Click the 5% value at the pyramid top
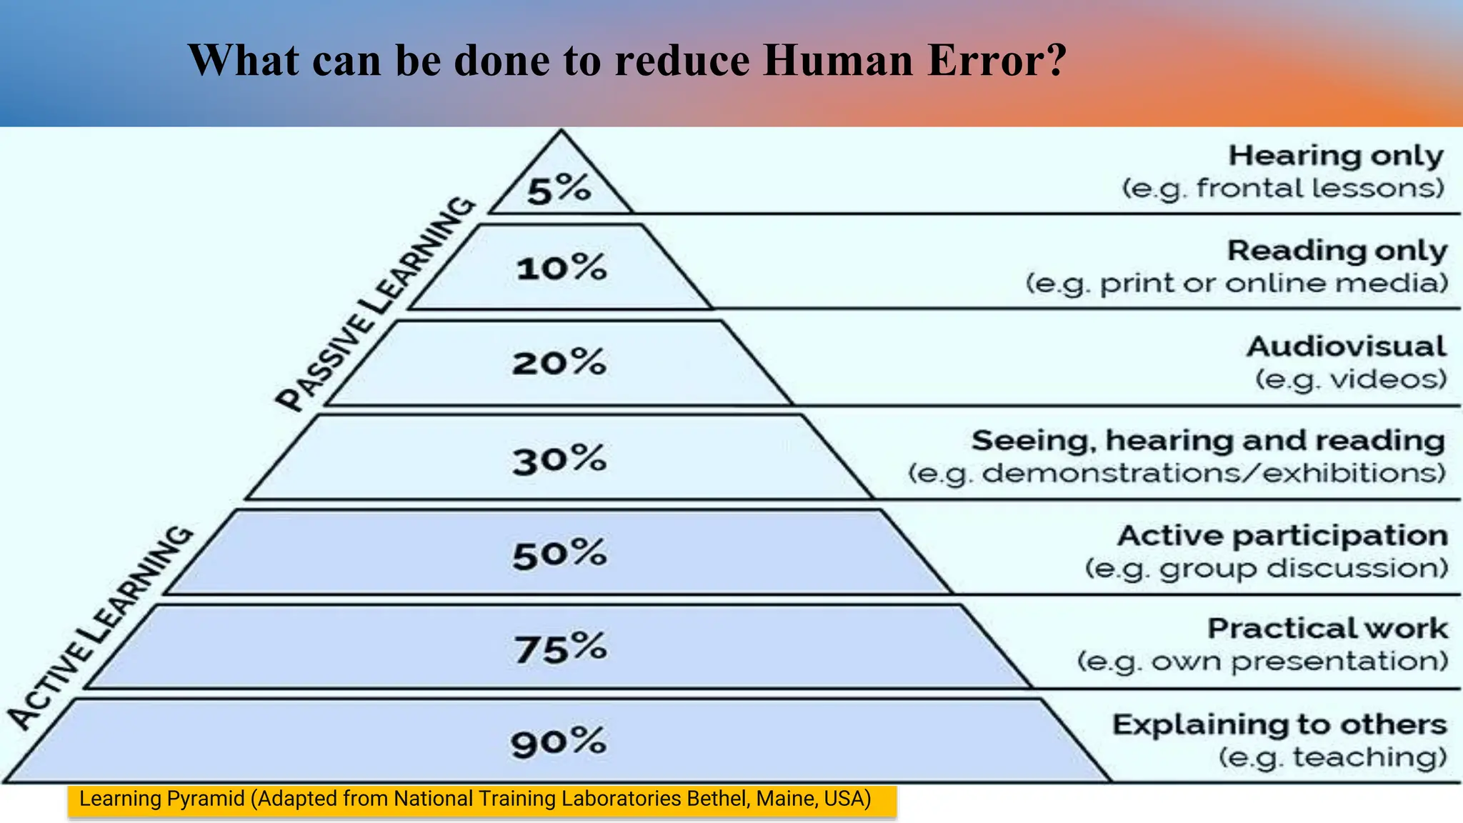click(x=559, y=190)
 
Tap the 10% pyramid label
click(x=561, y=269)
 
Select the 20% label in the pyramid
click(x=559, y=363)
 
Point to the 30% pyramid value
click(x=559, y=459)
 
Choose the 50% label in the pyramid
click(x=559, y=554)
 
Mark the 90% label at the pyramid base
click(x=558, y=742)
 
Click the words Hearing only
click(x=1336, y=156)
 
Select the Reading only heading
click(x=1337, y=251)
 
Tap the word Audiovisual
click(x=1347, y=346)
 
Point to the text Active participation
click(x=1282, y=536)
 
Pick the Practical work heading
click(x=1327, y=629)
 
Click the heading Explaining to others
click(x=1279, y=724)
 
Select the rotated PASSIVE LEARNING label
click(x=376, y=303)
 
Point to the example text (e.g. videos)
click(x=1351, y=379)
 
